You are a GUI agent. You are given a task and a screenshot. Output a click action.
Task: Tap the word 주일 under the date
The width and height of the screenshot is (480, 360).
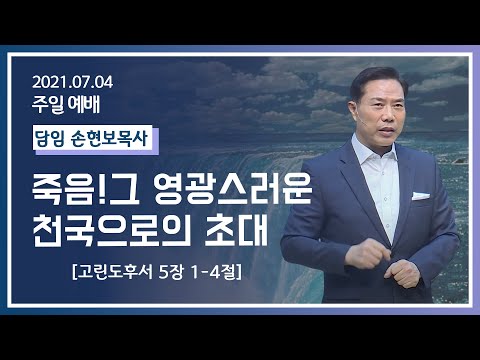point(49,102)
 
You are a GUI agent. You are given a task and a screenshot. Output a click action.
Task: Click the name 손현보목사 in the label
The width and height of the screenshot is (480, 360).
point(112,138)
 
